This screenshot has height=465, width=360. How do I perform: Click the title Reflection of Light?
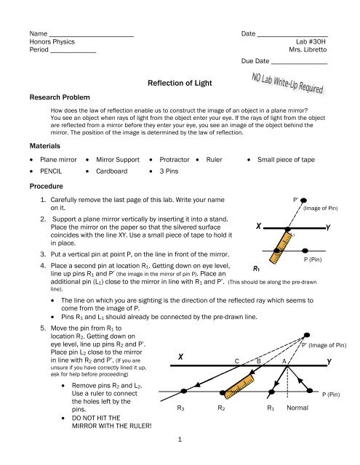point(180,83)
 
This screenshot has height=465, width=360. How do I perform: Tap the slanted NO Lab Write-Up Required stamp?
point(287,84)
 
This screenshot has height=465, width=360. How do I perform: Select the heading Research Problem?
point(60,97)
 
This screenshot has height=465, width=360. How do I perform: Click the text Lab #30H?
point(311,41)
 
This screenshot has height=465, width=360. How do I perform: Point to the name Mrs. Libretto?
point(308,49)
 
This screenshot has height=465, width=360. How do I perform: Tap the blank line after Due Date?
point(299,63)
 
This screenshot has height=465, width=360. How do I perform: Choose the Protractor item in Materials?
point(175,160)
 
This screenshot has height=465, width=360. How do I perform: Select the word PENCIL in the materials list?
point(51,171)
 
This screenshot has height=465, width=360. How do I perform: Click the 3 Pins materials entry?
point(169,171)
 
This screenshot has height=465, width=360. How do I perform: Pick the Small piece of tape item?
point(286,160)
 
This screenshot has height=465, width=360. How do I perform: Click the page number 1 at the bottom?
point(180,439)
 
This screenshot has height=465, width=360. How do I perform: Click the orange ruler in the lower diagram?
point(239,386)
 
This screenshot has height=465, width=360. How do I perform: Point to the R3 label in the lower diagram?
point(180,408)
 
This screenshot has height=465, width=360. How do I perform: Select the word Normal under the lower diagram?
point(297,408)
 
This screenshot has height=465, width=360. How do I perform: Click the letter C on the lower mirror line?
point(237,361)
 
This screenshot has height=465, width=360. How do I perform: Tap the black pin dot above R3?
point(184,391)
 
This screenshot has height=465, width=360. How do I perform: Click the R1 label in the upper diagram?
point(257,269)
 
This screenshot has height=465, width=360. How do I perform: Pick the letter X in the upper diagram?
point(258,226)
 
